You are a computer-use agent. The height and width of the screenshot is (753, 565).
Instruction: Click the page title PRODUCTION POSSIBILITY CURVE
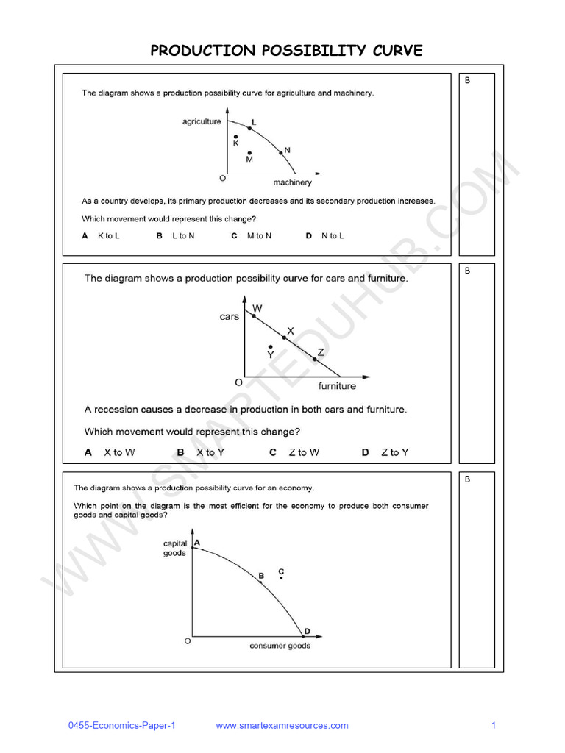click(287, 50)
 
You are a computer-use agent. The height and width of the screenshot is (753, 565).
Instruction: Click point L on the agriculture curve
click(249, 129)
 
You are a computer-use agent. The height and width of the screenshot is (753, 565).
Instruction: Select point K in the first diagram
click(236, 137)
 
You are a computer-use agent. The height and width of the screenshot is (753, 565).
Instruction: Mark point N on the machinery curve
click(280, 154)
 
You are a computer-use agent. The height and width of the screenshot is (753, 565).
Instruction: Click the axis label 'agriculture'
click(202, 121)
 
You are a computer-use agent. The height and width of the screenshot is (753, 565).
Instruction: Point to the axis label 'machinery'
click(292, 182)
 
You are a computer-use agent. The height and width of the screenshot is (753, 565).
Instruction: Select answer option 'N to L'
click(333, 235)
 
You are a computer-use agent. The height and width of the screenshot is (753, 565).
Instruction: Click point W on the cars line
click(254, 315)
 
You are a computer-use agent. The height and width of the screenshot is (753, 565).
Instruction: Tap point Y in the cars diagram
click(271, 347)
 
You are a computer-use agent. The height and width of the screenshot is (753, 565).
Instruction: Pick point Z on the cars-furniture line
click(315, 359)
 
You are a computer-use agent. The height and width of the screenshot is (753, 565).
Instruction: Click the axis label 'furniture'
click(337, 385)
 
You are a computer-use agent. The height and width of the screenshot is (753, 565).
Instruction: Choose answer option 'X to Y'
click(210, 452)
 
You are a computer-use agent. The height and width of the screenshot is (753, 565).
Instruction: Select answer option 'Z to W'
click(304, 452)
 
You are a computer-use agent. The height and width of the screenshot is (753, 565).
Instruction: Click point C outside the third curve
click(281, 577)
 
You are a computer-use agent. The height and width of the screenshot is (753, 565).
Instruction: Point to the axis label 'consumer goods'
click(280, 646)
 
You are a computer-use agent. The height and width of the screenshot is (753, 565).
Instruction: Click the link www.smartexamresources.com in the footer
click(282, 726)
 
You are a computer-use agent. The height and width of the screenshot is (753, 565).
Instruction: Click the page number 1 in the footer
click(494, 726)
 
